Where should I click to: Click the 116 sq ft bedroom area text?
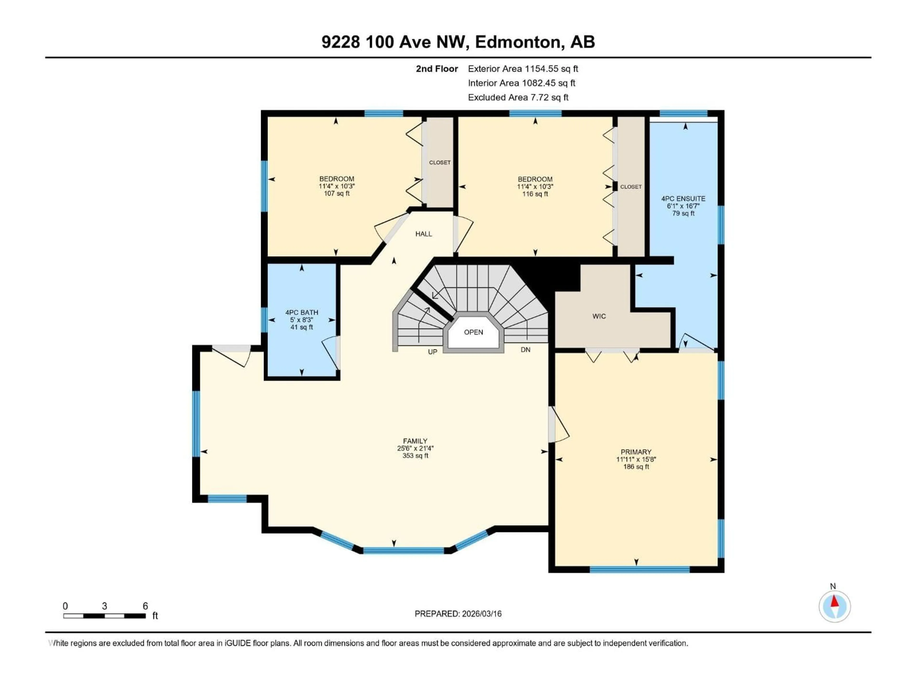[535, 194]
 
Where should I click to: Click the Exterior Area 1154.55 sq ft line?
[523, 69]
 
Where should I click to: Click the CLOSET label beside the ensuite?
[630, 187]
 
